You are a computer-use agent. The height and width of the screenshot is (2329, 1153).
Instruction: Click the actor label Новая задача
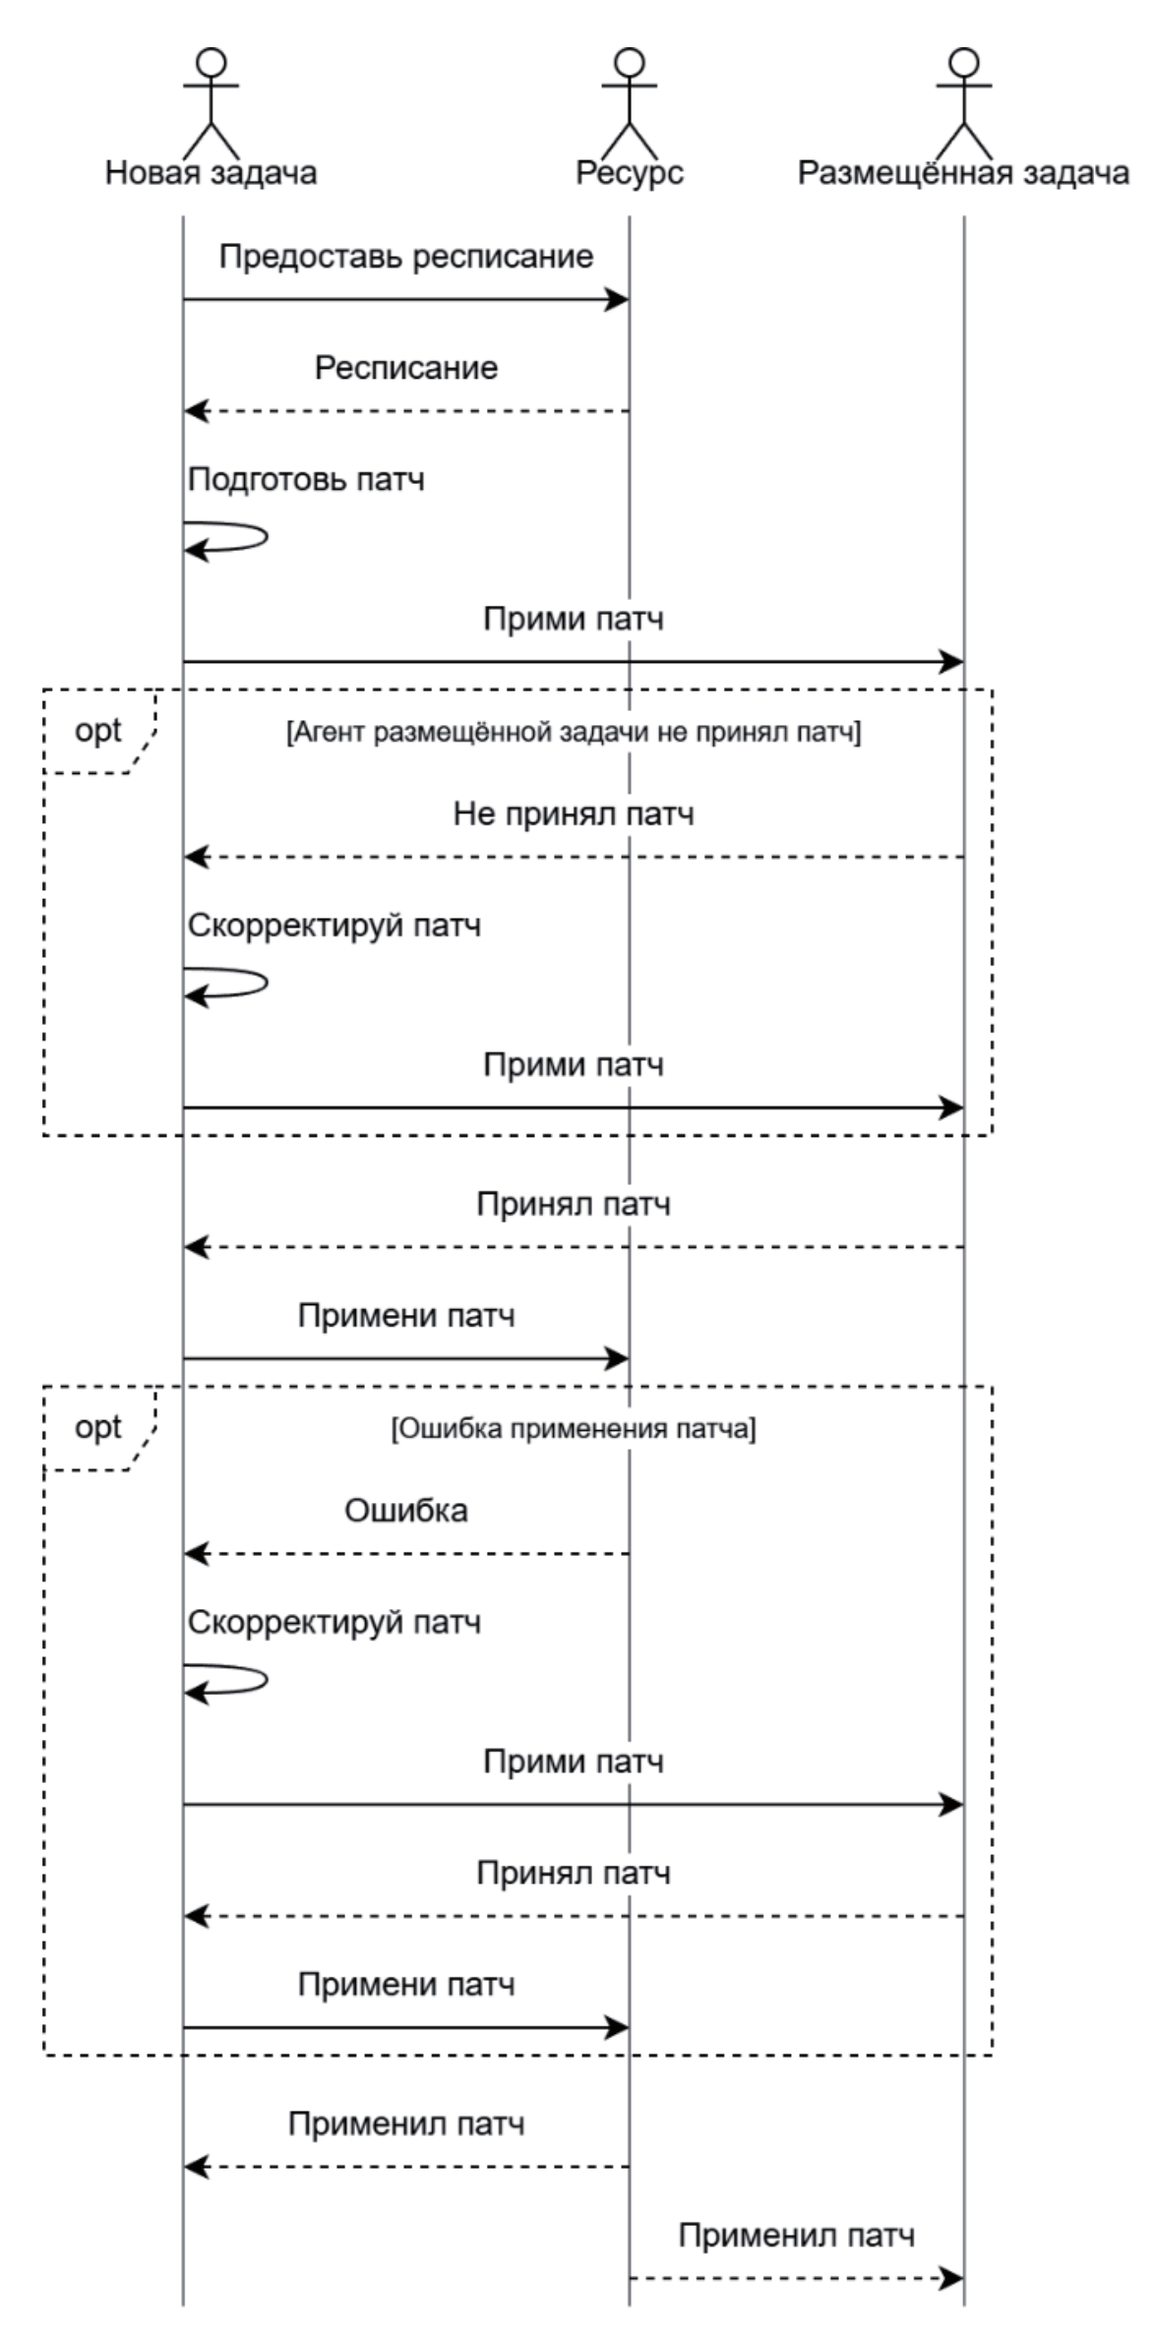(x=211, y=173)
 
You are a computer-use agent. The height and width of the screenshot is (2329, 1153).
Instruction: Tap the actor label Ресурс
(x=630, y=173)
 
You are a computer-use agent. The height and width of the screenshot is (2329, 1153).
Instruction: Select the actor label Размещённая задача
(x=963, y=173)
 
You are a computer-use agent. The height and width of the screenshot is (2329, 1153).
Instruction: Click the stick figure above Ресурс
(x=630, y=102)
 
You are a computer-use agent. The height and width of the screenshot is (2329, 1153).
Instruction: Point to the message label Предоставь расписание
(x=406, y=257)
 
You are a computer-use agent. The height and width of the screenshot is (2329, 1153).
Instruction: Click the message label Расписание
(x=406, y=368)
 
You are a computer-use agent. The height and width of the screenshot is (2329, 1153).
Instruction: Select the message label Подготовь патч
(x=306, y=480)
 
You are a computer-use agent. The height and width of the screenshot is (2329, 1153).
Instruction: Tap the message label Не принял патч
(x=574, y=814)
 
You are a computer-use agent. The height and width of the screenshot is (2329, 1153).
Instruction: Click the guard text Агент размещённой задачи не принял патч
(x=574, y=733)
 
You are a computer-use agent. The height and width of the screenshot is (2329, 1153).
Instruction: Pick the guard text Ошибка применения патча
(x=574, y=1429)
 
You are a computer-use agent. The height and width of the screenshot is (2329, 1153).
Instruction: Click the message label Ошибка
(x=406, y=1511)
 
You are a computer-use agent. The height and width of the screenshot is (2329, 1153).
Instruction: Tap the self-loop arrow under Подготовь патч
(x=236, y=539)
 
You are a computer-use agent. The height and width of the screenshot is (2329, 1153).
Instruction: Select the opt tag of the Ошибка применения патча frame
(x=98, y=1427)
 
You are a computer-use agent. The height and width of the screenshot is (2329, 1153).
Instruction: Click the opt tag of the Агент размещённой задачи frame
(x=98, y=731)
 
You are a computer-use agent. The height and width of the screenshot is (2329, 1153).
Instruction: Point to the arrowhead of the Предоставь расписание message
(x=618, y=299)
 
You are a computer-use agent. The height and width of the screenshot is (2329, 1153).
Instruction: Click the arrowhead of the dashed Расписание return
(x=196, y=411)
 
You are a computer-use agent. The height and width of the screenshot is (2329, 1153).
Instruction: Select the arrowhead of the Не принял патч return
(x=196, y=858)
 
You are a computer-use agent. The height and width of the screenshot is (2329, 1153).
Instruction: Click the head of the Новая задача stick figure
(x=212, y=62)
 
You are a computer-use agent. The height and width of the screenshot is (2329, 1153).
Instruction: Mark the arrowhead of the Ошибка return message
(x=196, y=1554)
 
